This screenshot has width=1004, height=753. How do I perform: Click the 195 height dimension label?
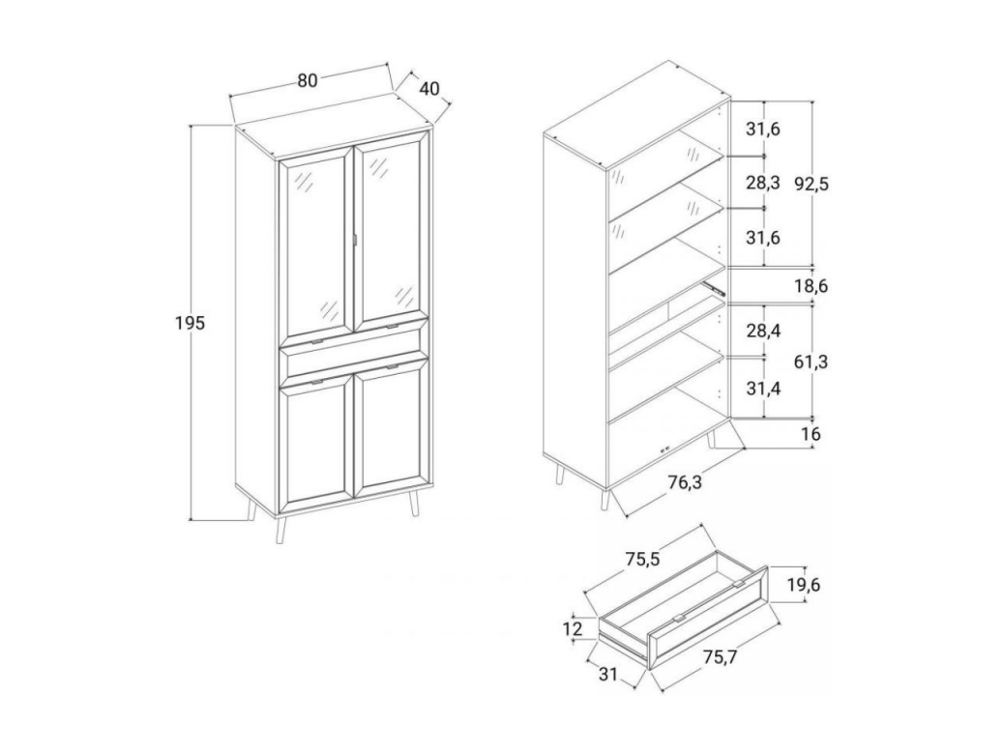coord(190,323)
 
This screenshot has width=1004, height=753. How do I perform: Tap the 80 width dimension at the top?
coord(308,80)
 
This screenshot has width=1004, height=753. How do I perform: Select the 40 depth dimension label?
coord(429,88)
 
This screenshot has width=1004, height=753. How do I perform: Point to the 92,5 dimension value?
coord(812,184)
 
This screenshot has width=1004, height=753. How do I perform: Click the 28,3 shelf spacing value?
coord(762,183)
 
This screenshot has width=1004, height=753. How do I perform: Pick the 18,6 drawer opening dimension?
coord(812,286)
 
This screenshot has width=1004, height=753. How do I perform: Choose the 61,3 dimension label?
coord(812,362)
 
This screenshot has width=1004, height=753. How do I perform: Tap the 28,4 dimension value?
coord(762,331)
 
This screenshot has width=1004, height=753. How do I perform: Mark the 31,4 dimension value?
coord(762,388)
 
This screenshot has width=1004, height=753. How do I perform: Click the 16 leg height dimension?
coord(811,434)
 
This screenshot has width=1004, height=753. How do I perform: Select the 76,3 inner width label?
coord(685,481)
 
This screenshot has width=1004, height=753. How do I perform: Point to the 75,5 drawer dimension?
coord(642,559)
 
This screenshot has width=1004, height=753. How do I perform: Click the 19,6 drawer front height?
coord(803,585)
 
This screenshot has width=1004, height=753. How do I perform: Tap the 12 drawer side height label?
coord(573,627)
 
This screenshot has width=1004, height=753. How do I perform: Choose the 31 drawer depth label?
coord(608,673)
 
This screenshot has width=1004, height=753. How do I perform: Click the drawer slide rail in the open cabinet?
coord(714,287)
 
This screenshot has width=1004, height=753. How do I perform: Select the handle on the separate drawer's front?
coord(679,618)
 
